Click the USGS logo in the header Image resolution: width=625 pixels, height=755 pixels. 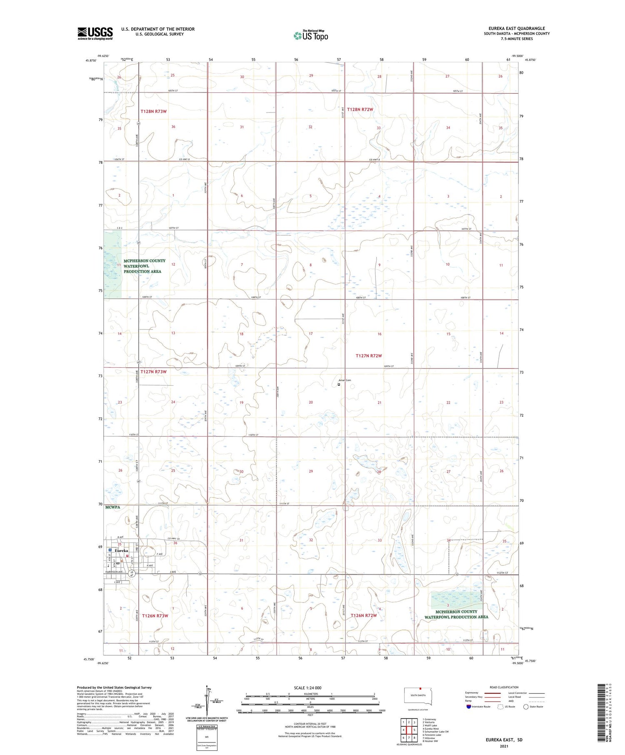tap(95, 33)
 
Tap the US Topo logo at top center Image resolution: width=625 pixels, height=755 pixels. tap(310, 36)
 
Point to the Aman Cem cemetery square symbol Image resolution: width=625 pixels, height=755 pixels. tap(339, 384)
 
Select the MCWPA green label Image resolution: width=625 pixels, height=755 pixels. tap(112, 507)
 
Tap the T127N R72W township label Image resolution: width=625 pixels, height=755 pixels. tap(369, 356)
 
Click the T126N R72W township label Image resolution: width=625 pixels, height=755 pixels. tap(363, 615)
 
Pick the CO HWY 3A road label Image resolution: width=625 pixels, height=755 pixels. tap(173, 539)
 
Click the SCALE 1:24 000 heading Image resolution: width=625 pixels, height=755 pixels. tap(307, 688)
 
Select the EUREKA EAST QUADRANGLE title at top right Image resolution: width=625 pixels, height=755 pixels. tap(517, 29)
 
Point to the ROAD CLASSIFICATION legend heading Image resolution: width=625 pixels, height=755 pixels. tap(504, 687)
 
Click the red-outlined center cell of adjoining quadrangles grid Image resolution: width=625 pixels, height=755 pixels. tap(409, 730)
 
